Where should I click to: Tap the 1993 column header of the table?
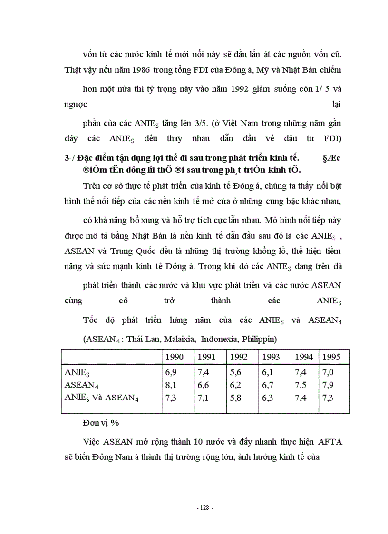pos(271,357)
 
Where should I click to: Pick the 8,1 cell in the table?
pos(170,385)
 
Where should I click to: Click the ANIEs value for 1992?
pos(235,372)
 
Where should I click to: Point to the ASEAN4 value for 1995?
pos(328,385)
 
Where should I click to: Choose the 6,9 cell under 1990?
pos(170,372)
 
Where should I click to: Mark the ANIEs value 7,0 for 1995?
pos(328,372)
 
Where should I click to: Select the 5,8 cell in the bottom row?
pos(235,398)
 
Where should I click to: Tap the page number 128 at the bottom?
pos(205,508)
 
